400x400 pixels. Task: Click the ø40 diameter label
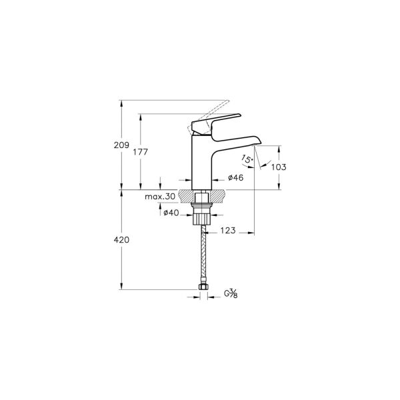point(172,212)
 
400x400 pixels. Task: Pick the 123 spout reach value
point(228,231)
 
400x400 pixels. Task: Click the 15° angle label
point(247,160)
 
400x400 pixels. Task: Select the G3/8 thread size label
point(231,293)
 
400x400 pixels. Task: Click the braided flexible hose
point(201,253)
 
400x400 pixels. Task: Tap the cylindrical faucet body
point(201,163)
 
